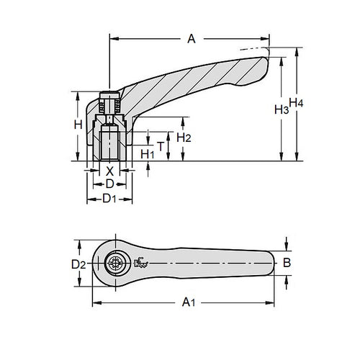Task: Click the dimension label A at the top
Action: tap(191, 40)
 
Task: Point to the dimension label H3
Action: tap(282, 109)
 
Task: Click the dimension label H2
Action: tap(184, 137)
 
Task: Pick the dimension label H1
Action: tap(148, 153)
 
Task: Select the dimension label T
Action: tap(161, 145)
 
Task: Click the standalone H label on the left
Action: tap(78, 125)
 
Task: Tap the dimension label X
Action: tap(109, 171)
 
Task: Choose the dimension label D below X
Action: tap(110, 184)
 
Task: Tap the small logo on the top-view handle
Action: tap(141, 264)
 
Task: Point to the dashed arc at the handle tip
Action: tap(256, 50)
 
